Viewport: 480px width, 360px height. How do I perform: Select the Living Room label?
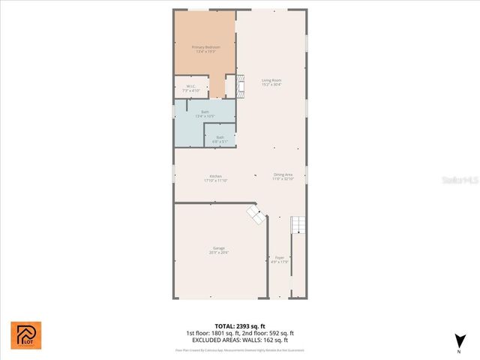(x=271, y=80)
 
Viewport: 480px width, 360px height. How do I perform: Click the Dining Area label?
(x=283, y=175)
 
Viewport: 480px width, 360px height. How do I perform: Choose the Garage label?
(x=219, y=248)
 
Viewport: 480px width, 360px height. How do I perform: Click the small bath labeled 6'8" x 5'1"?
(x=220, y=137)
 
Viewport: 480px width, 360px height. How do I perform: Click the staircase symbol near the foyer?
(x=298, y=224)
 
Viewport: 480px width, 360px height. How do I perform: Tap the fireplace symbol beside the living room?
(x=239, y=86)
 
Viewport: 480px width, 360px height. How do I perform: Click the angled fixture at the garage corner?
(x=256, y=215)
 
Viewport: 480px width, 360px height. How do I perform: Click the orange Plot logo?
(x=26, y=334)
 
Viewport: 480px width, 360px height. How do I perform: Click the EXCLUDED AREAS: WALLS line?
(x=239, y=340)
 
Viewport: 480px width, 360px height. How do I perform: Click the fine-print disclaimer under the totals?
(x=239, y=349)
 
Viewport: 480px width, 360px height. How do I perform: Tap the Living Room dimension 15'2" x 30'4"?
(x=271, y=85)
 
